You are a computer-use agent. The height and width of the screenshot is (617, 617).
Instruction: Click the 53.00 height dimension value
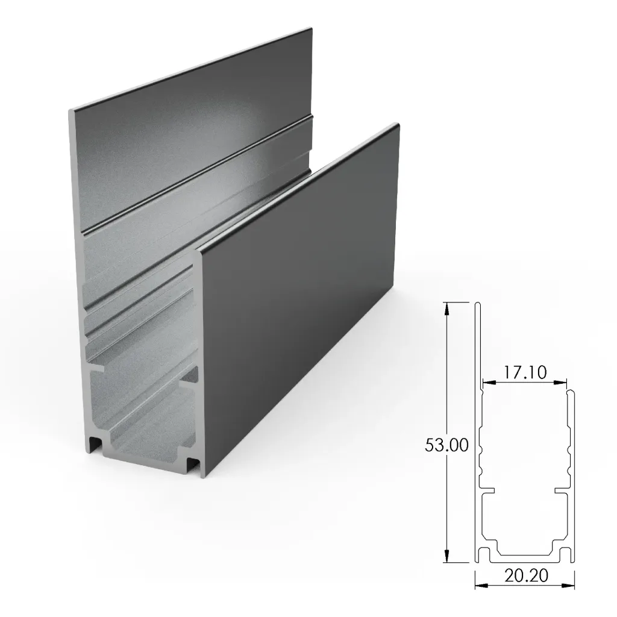(446, 446)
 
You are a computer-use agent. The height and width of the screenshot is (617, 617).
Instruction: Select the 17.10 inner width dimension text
(525, 373)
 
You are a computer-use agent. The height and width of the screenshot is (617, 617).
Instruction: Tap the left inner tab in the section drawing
(489, 490)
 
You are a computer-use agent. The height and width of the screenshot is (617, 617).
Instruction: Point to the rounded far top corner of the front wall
(395, 125)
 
